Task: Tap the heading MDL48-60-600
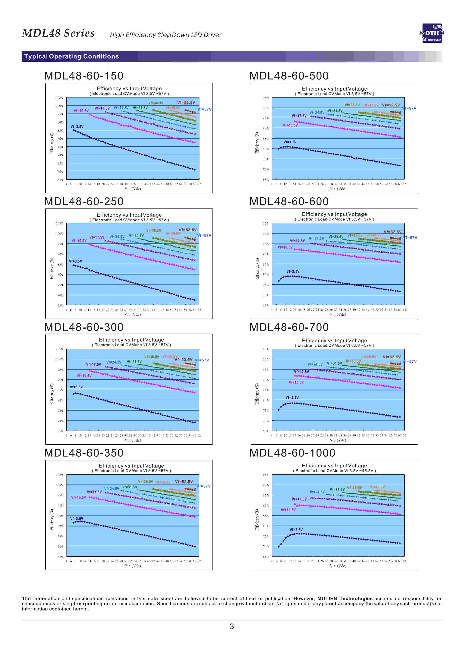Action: coord(289,201)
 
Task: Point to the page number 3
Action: coord(232,626)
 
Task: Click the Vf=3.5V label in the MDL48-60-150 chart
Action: coord(77,126)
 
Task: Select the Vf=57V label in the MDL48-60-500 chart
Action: coord(409,108)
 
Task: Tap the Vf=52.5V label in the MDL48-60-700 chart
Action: coord(391,357)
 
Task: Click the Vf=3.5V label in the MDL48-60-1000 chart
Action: coord(296,529)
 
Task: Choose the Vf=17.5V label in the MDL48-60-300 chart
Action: coord(93,364)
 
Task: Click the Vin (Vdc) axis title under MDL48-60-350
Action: coord(132,566)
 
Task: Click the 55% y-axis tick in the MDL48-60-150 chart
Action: coord(60,180)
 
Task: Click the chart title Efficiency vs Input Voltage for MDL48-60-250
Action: coord(129,215)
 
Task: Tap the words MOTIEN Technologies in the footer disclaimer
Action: coord(345,598)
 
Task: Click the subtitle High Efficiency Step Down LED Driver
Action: coord(166,35)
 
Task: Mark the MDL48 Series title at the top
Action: coord(58,33)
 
